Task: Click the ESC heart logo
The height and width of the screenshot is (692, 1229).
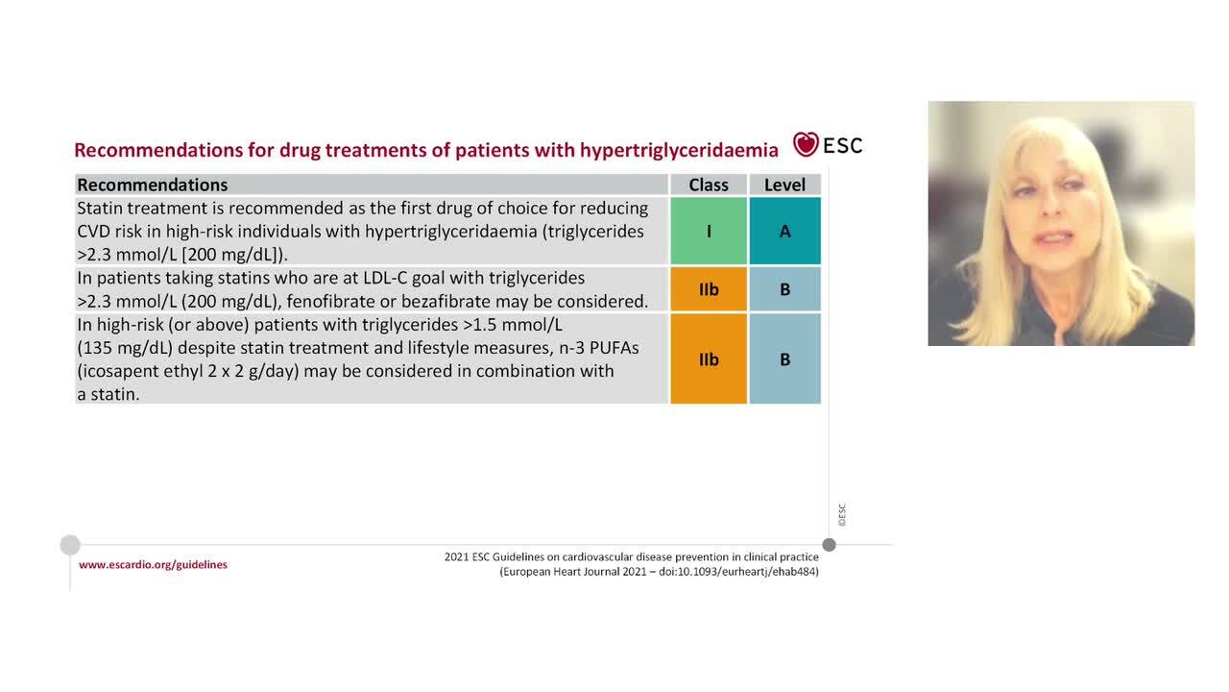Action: [806, 145]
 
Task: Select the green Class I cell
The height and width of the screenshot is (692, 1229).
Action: [709, 231]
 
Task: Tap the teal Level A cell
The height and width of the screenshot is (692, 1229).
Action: [784, 231]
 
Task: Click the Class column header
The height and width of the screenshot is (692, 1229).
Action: [709, 185]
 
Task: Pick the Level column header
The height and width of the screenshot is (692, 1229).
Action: [784, 185]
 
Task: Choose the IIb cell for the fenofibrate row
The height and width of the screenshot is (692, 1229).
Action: [709, 289]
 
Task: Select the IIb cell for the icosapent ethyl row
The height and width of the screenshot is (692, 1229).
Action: [709, 358]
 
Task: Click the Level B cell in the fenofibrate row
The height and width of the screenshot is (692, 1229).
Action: [784, 289]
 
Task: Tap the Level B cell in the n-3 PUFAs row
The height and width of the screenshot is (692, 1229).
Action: [784, 358]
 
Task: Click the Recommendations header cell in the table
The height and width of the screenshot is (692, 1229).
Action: [153, 185]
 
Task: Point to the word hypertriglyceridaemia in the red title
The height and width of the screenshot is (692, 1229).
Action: [679, 150]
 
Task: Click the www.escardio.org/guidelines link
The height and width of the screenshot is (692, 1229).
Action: [153, 565]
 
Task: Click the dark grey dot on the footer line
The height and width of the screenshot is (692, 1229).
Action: [829, 545]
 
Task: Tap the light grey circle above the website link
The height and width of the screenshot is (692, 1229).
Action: [70, 545]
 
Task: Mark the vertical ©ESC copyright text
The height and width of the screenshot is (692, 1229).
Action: [842, 515]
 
